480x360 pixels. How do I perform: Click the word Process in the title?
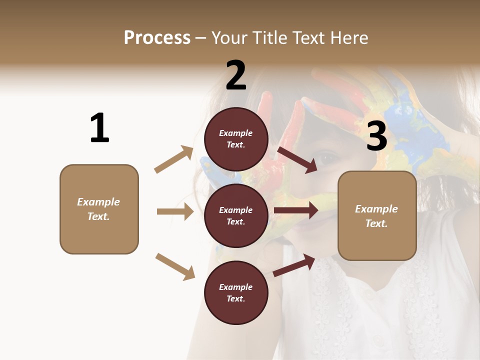[x=157, y=37]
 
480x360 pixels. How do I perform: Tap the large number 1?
[x=99, y=128]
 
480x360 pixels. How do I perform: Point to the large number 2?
[x=236, y=76]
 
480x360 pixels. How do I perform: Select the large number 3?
[x=376, y=136]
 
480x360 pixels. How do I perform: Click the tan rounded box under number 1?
[x=99, y=209]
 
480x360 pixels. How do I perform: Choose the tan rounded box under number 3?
[x=377, y=215]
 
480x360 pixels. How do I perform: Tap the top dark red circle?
[x=236, y=139]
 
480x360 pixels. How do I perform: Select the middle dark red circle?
[x=236, y=215]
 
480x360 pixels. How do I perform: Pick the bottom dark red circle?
[x=236, y=292]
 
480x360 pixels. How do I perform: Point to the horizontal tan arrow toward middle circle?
[x=175, y=211]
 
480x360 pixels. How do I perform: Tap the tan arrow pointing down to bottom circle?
[x=175, y=266]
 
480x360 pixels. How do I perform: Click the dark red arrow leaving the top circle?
[x=297, y=159]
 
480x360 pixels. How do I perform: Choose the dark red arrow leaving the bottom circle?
[x=294, y=265]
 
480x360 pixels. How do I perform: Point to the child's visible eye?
[x=326, y=158]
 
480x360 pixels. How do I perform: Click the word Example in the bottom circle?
[x=236, y=287]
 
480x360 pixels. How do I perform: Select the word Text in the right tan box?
[x=376, y=223]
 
